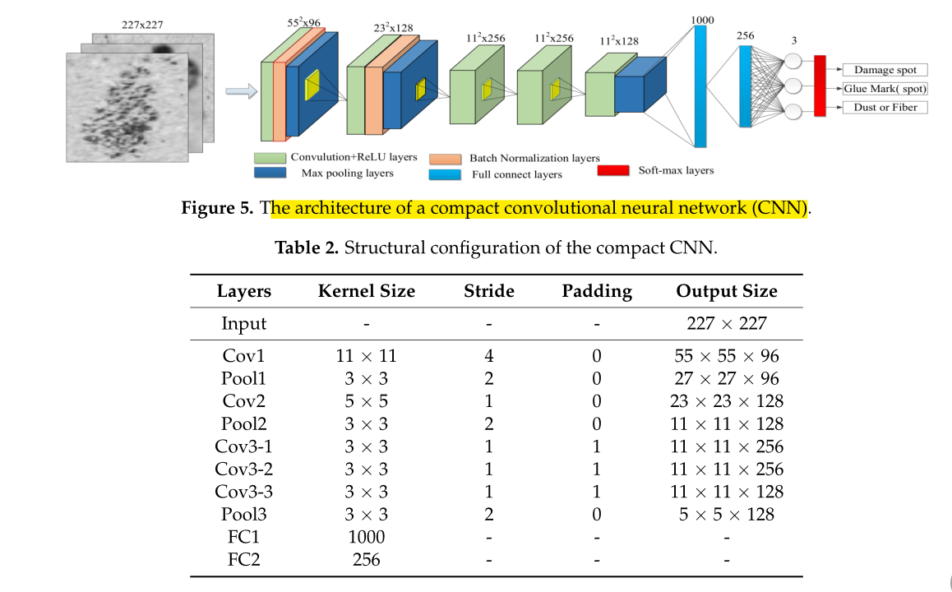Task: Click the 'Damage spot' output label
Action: (x=884, y=70)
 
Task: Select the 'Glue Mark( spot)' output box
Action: (x=884, y=88)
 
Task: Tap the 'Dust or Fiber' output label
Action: (x=884, y=107)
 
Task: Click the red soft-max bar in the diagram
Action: (x=819, y=86)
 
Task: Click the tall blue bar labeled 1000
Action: (x=700, y=86)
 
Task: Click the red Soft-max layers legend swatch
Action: (x=612, y=170)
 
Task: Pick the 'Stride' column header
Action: (x=488, y=291)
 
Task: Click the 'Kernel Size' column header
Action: (x=366, y=291)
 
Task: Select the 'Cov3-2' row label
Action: (x=244, y=469)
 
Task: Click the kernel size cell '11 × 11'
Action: (x=366, y=356)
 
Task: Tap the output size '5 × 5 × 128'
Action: (x=726, y=514)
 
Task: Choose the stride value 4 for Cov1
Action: (x=488, y=356)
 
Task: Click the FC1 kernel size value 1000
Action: (x=366, y=537)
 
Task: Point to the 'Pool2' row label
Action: (x=244, y=423)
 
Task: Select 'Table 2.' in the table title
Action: (x=306, y=248)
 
